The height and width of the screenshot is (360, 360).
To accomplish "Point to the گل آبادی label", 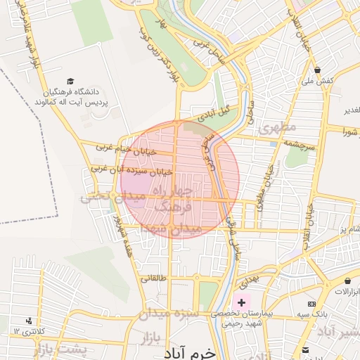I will coord(215,112).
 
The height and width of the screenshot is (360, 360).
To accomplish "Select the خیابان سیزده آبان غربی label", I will coord(133,169).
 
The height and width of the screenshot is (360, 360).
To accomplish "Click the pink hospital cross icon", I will coord(242,302).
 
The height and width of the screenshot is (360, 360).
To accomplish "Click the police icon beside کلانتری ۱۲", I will coord(28,321).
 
